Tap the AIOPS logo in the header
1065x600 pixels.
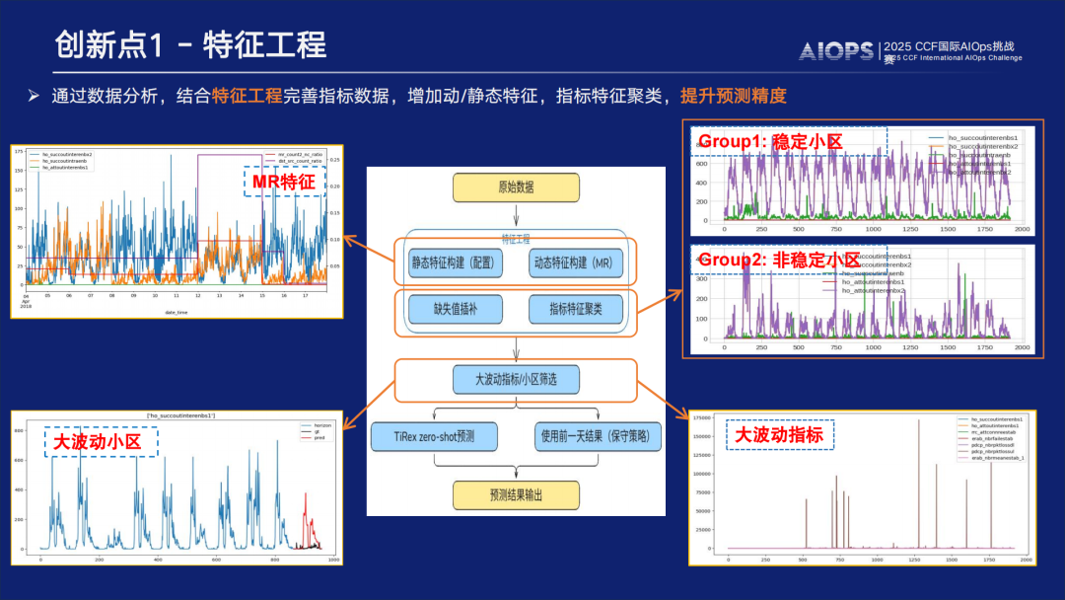835,50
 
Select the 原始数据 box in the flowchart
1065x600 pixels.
516,187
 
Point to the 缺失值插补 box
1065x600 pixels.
456,310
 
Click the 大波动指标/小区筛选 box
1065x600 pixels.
516,379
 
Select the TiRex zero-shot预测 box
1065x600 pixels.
435,435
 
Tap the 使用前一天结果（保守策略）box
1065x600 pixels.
600,435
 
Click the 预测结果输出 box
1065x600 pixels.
516,493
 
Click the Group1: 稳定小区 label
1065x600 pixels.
770,141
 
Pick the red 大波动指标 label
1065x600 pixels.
780,435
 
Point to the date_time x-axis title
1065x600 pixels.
176,313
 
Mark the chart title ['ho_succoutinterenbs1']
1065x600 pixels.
181,416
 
